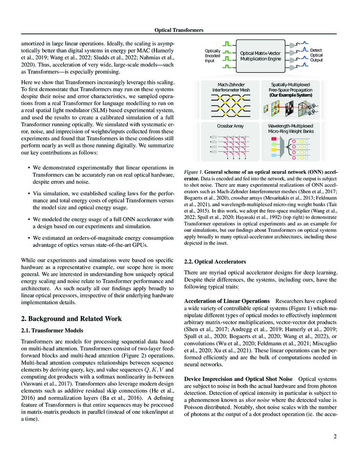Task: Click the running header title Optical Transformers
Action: click(180, 30)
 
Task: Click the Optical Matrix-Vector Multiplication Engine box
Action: click(260, 56)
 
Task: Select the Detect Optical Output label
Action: click(316, 55)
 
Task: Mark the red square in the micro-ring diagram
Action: click(274, 139)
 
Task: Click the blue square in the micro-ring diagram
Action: click(274, 156)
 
